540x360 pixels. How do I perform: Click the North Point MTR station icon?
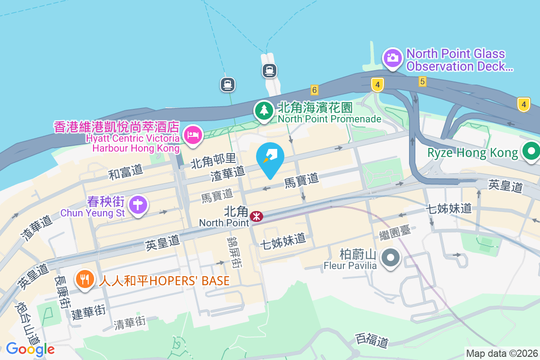pos(256,216)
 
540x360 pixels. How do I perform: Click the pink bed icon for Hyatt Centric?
pos(193,135)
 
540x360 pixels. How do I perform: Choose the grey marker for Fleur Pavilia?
pos(390,258)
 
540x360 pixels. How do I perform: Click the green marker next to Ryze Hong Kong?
pos(531,151)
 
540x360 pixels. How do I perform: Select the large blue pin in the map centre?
pos(270,157)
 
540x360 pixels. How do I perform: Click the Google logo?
pos(30,349)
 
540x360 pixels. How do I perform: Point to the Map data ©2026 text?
pos(502,354)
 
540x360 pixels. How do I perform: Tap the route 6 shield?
pos(314,90)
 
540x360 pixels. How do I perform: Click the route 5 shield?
pos(422,81)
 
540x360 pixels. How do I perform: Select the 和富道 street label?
pos(126,171)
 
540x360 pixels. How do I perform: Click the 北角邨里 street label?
pos(213,161)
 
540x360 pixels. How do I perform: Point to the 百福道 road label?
pos(371,340)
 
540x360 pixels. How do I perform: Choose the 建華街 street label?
pos(89,311)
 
